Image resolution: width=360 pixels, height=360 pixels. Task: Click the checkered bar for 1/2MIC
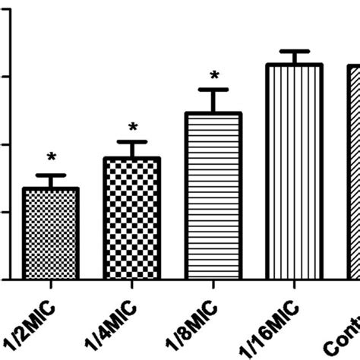(51, 233)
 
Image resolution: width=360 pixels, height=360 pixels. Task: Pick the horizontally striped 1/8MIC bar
(213, 195)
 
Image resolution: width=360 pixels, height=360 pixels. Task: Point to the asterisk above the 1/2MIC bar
(52, 157)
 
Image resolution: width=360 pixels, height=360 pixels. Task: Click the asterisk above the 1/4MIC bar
(133, 127)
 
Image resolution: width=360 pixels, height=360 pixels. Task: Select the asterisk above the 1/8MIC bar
(214, 75)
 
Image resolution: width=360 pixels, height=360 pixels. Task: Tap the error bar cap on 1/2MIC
(51, 175)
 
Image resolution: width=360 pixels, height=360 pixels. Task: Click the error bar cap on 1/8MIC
(213, 90)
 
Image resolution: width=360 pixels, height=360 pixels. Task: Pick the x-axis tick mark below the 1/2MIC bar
(51, 285)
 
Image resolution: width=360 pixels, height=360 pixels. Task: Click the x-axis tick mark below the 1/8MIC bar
(213, 285)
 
